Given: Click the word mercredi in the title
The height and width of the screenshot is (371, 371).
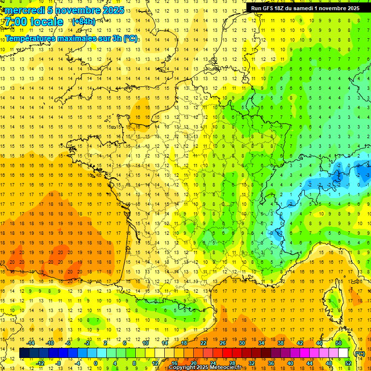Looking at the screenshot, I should click(x=25, y=10).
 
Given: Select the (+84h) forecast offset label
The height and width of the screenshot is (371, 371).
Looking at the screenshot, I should click(x=83, y=22).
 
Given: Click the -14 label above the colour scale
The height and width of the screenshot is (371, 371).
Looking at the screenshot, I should click(x=31, y=343).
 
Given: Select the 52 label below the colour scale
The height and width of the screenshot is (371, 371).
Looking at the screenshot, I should click(x=348, y=363).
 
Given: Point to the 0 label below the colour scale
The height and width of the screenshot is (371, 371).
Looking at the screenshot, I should click(x=96, y=363).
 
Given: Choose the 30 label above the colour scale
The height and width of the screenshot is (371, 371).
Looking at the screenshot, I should click(x=242, y=343).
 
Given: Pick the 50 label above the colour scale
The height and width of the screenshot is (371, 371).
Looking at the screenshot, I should click(x=339, y=343).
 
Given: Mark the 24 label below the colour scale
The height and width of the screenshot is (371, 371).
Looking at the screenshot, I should click(x=213, y=363).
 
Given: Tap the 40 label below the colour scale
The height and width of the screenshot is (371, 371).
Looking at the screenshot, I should click(x=290, y=363).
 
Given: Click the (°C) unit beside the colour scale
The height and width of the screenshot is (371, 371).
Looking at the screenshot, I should click(x=359, y=353).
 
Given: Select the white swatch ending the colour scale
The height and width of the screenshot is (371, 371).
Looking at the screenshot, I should click(x=343, y=353).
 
